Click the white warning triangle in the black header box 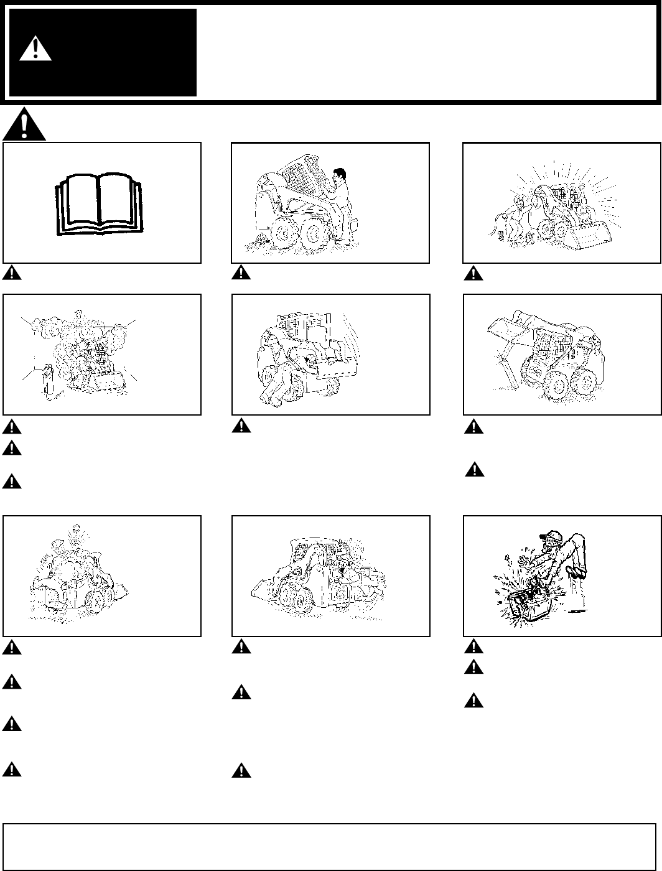[35, 49]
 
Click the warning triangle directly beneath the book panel [9, 272]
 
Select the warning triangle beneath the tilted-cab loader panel [238, 272]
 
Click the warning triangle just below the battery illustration [472, 647]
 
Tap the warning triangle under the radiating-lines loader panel [472, 272]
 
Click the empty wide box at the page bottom [330, 847]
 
